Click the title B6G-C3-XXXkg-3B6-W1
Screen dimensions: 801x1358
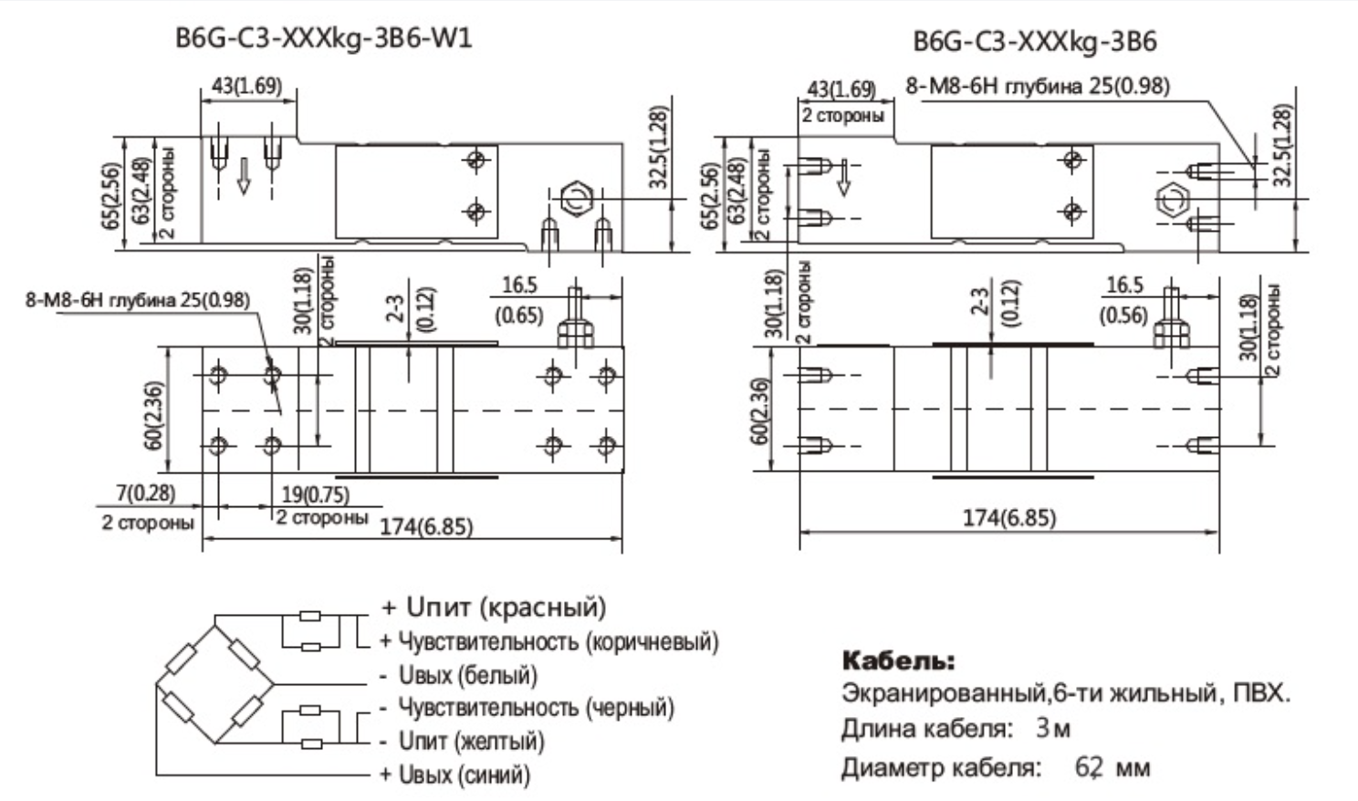point(323,39)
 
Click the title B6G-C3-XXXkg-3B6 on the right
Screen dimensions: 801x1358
point(1034,41)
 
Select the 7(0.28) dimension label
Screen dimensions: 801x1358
point(145,494)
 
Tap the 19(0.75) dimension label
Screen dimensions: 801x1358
point(314,495)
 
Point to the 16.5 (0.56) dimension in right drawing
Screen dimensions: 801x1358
point(1123,300)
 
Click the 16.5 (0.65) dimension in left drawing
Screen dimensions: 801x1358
point(519,300)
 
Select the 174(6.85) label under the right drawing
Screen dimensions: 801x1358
point(1008,518)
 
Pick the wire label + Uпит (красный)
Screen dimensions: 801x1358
point(494,607)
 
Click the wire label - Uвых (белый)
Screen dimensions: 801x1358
point(459,676)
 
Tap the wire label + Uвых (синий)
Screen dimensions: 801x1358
point(455,775)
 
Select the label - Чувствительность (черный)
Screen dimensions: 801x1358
point(528,708)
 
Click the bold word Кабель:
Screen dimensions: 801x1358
point(898,660)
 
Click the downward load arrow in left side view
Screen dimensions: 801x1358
point(244,175)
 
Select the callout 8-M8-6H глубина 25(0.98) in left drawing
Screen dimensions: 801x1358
point(137,300)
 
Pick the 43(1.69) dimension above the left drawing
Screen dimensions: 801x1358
point(246,86)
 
